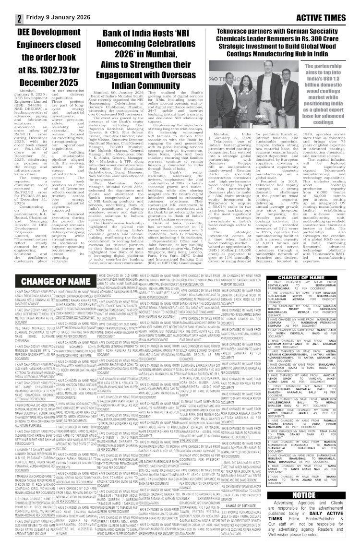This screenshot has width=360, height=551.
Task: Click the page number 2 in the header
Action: pyautogui.click(x=19, y=19)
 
